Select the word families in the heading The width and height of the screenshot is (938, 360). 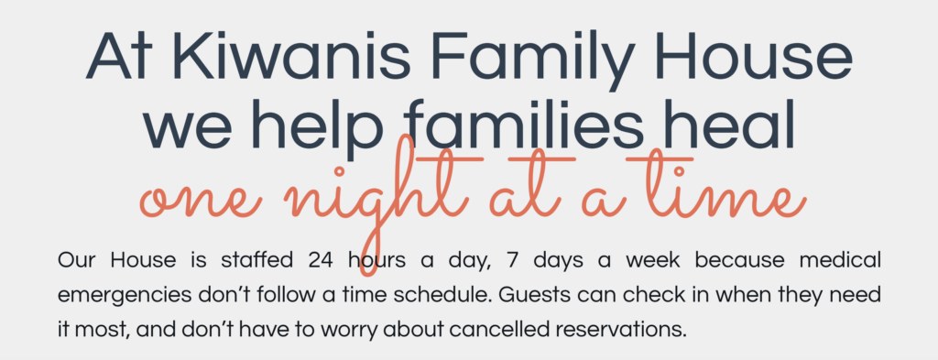525,124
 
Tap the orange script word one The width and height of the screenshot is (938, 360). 200,202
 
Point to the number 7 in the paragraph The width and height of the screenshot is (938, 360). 511,261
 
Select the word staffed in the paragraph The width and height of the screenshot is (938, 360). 256,261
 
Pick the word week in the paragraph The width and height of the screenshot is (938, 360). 652,261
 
